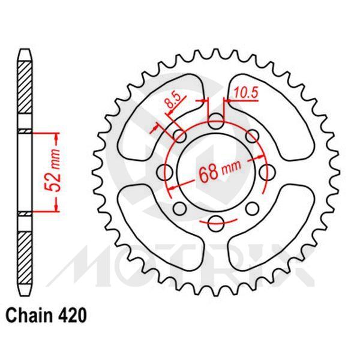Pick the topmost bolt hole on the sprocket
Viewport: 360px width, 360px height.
(214, 122)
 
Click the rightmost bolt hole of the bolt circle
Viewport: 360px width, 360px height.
(264, 172)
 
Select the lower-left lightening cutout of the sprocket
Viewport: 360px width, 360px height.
(147, 226)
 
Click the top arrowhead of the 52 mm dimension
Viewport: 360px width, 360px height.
(58, 137)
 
